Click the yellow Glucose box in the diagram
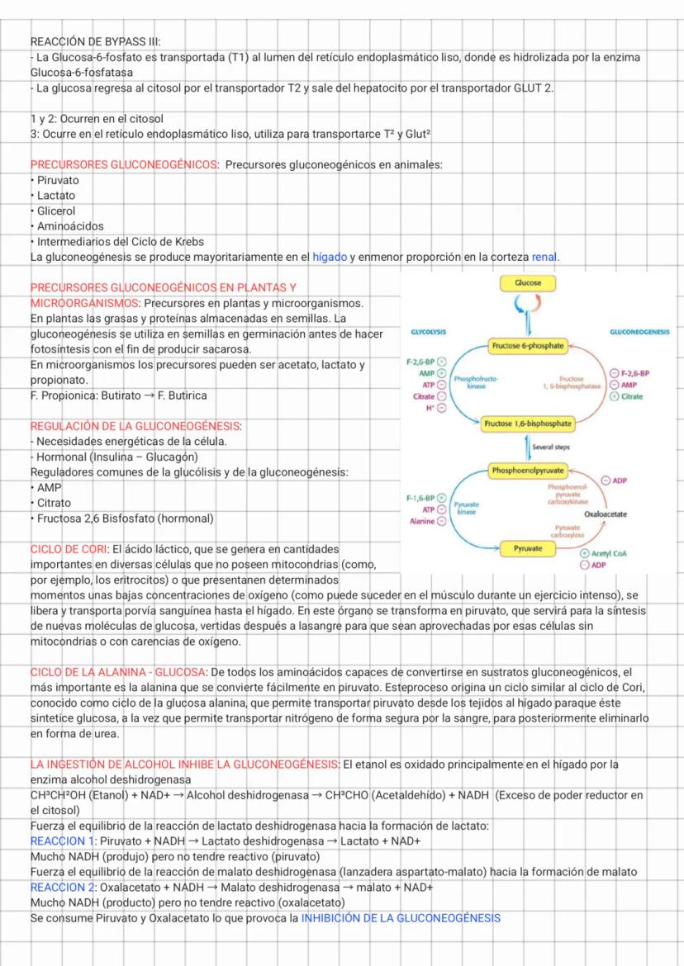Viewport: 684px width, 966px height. coord(528,283)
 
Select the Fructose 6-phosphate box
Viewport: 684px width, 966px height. coord(527,345)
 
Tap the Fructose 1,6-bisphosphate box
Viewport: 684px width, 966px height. coord(527,424)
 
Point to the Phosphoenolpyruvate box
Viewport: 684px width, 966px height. coord(527,471)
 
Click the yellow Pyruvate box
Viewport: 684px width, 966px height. coord(527,547)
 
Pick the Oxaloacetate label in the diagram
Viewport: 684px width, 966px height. coord(605,514)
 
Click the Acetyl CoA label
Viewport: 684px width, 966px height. coord(610,554)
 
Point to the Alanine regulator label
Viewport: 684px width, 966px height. coord(423,522)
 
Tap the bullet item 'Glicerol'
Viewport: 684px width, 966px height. coord(56,211)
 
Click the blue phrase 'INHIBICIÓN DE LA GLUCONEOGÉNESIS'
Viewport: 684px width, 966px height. coord(401,918)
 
